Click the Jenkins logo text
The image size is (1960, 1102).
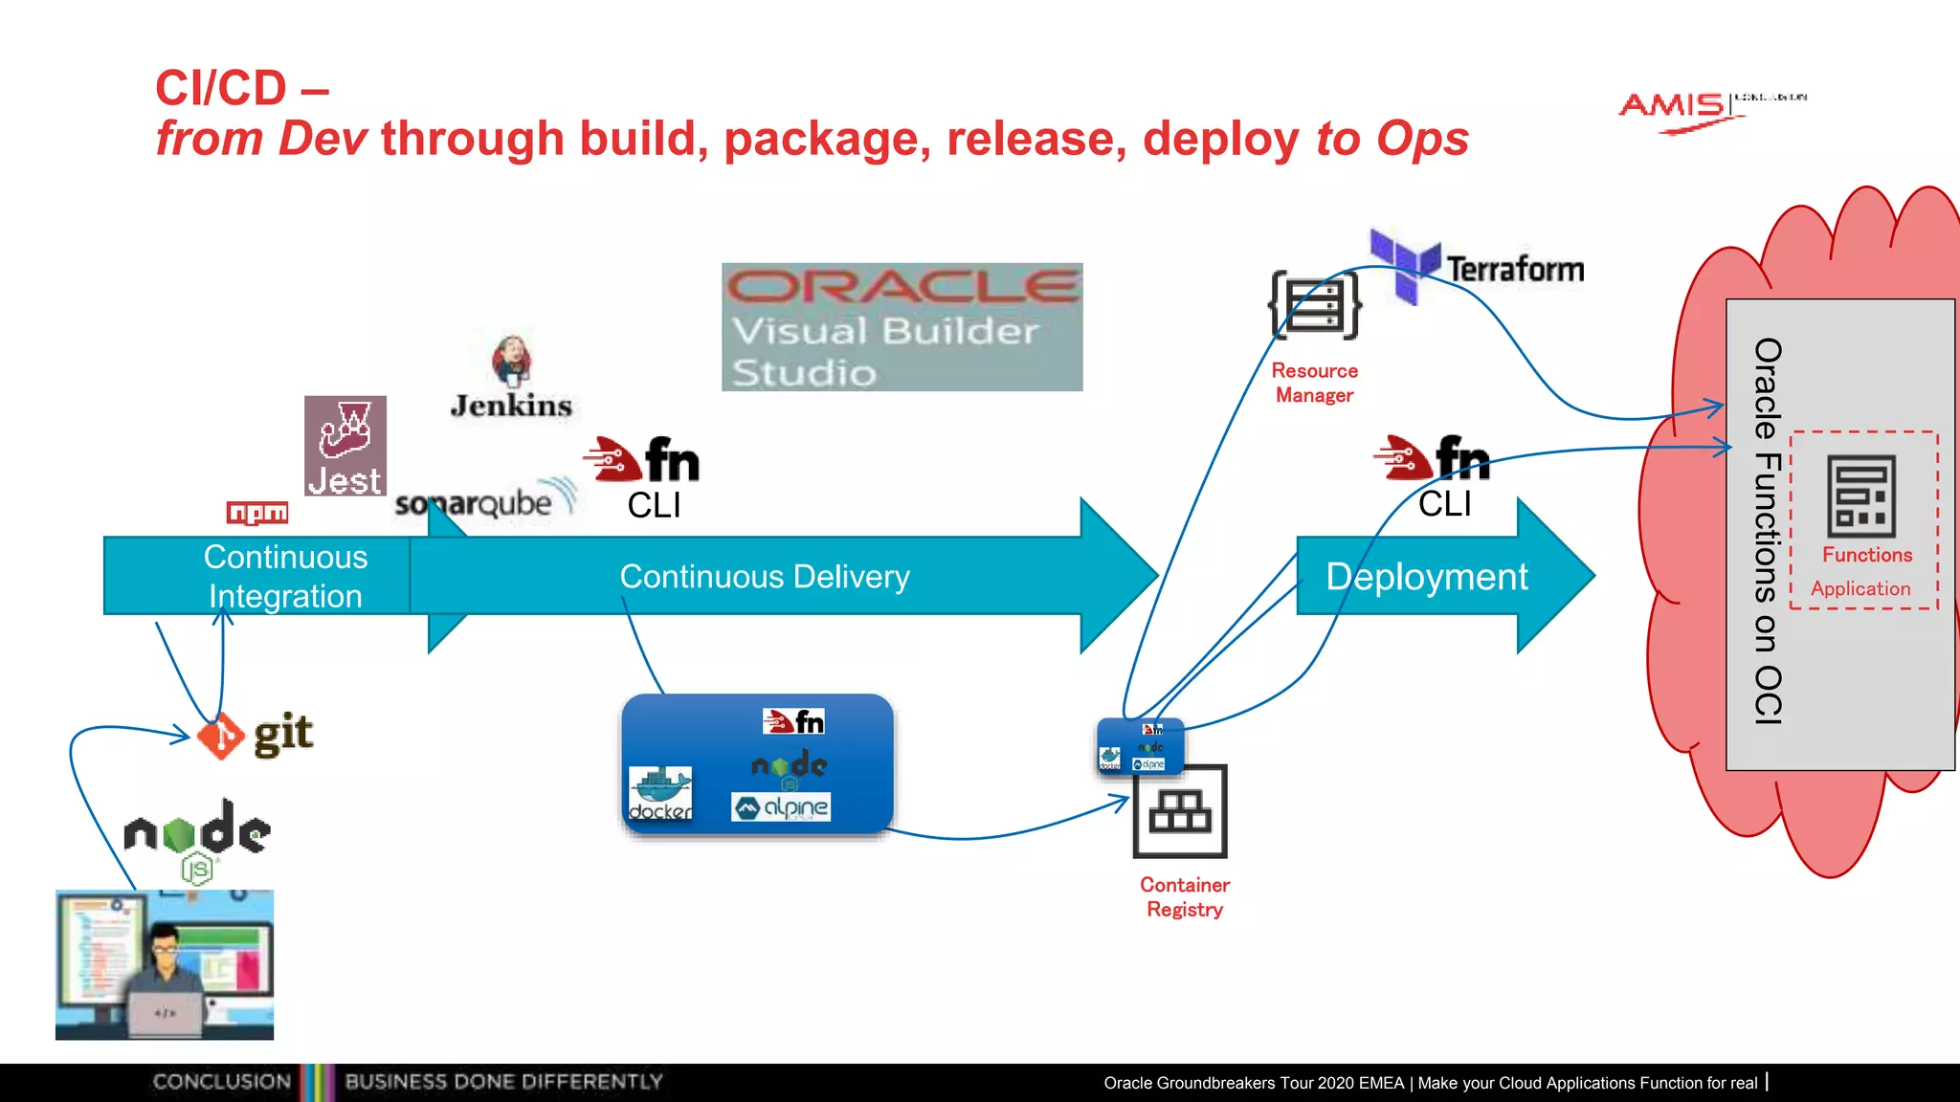point(511,406)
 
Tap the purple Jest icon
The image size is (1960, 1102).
point(345,445)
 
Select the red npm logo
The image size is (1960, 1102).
point(257,513)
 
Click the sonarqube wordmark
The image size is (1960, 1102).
point(475,503)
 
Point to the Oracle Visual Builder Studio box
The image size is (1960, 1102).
point(902,327)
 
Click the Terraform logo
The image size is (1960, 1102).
point(1478,267)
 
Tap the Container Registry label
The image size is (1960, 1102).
point(1185,897)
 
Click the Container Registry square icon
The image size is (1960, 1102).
point(1180,811)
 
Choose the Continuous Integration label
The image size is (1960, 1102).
point(285,576)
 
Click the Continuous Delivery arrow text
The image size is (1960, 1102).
point(764,577)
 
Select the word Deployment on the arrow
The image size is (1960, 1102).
point(1426,577)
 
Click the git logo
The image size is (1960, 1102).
point(256,735)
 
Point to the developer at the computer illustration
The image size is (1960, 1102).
point(165,964)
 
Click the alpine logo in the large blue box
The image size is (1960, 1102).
point(781,807)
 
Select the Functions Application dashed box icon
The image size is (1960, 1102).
point(1861,497)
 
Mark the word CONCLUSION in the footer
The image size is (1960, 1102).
point(221,1082)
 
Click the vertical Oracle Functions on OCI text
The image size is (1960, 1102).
point(1768,531)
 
